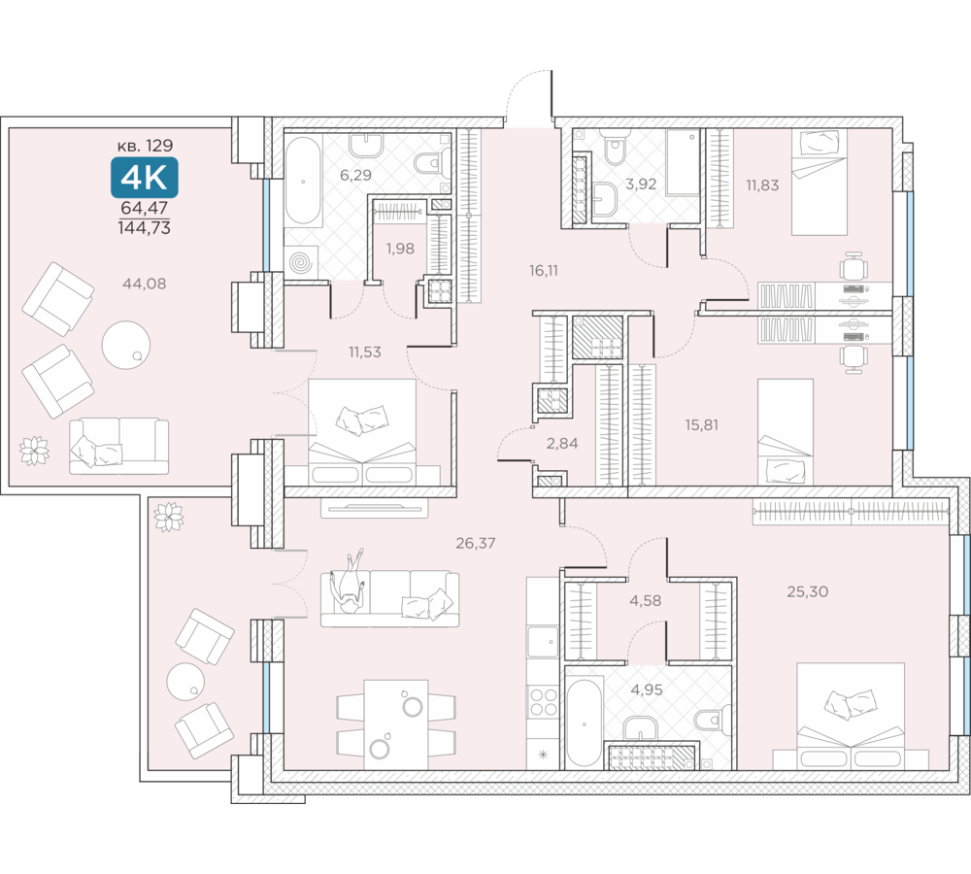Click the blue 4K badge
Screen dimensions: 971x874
(x=145, y=177)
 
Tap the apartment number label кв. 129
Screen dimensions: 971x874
(x=145, y=146)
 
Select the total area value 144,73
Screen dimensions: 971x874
(x=145, y=228)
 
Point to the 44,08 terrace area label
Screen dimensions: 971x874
(x=145, y=284)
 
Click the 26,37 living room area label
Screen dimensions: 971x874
(x=476, y=543)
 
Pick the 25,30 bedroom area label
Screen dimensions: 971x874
(x=808, y=591)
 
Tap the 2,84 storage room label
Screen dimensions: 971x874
(x=562, y=443)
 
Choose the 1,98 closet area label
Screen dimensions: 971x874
(x=400, y=249)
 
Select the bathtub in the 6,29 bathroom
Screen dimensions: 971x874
(x=303, y=181)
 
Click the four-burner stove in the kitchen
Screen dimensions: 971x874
(x=543, y=702)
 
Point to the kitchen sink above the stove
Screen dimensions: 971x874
(x=543, y=642)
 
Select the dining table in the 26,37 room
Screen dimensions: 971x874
(x=396, y=724)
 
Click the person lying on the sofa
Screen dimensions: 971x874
(x=349, y=583)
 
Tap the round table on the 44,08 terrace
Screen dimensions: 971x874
(x=125, y=345)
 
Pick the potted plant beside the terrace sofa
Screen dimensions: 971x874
(x=34, y=451)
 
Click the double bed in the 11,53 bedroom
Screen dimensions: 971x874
(x=362, y=432)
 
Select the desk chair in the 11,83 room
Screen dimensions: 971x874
(x=854, y=266)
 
